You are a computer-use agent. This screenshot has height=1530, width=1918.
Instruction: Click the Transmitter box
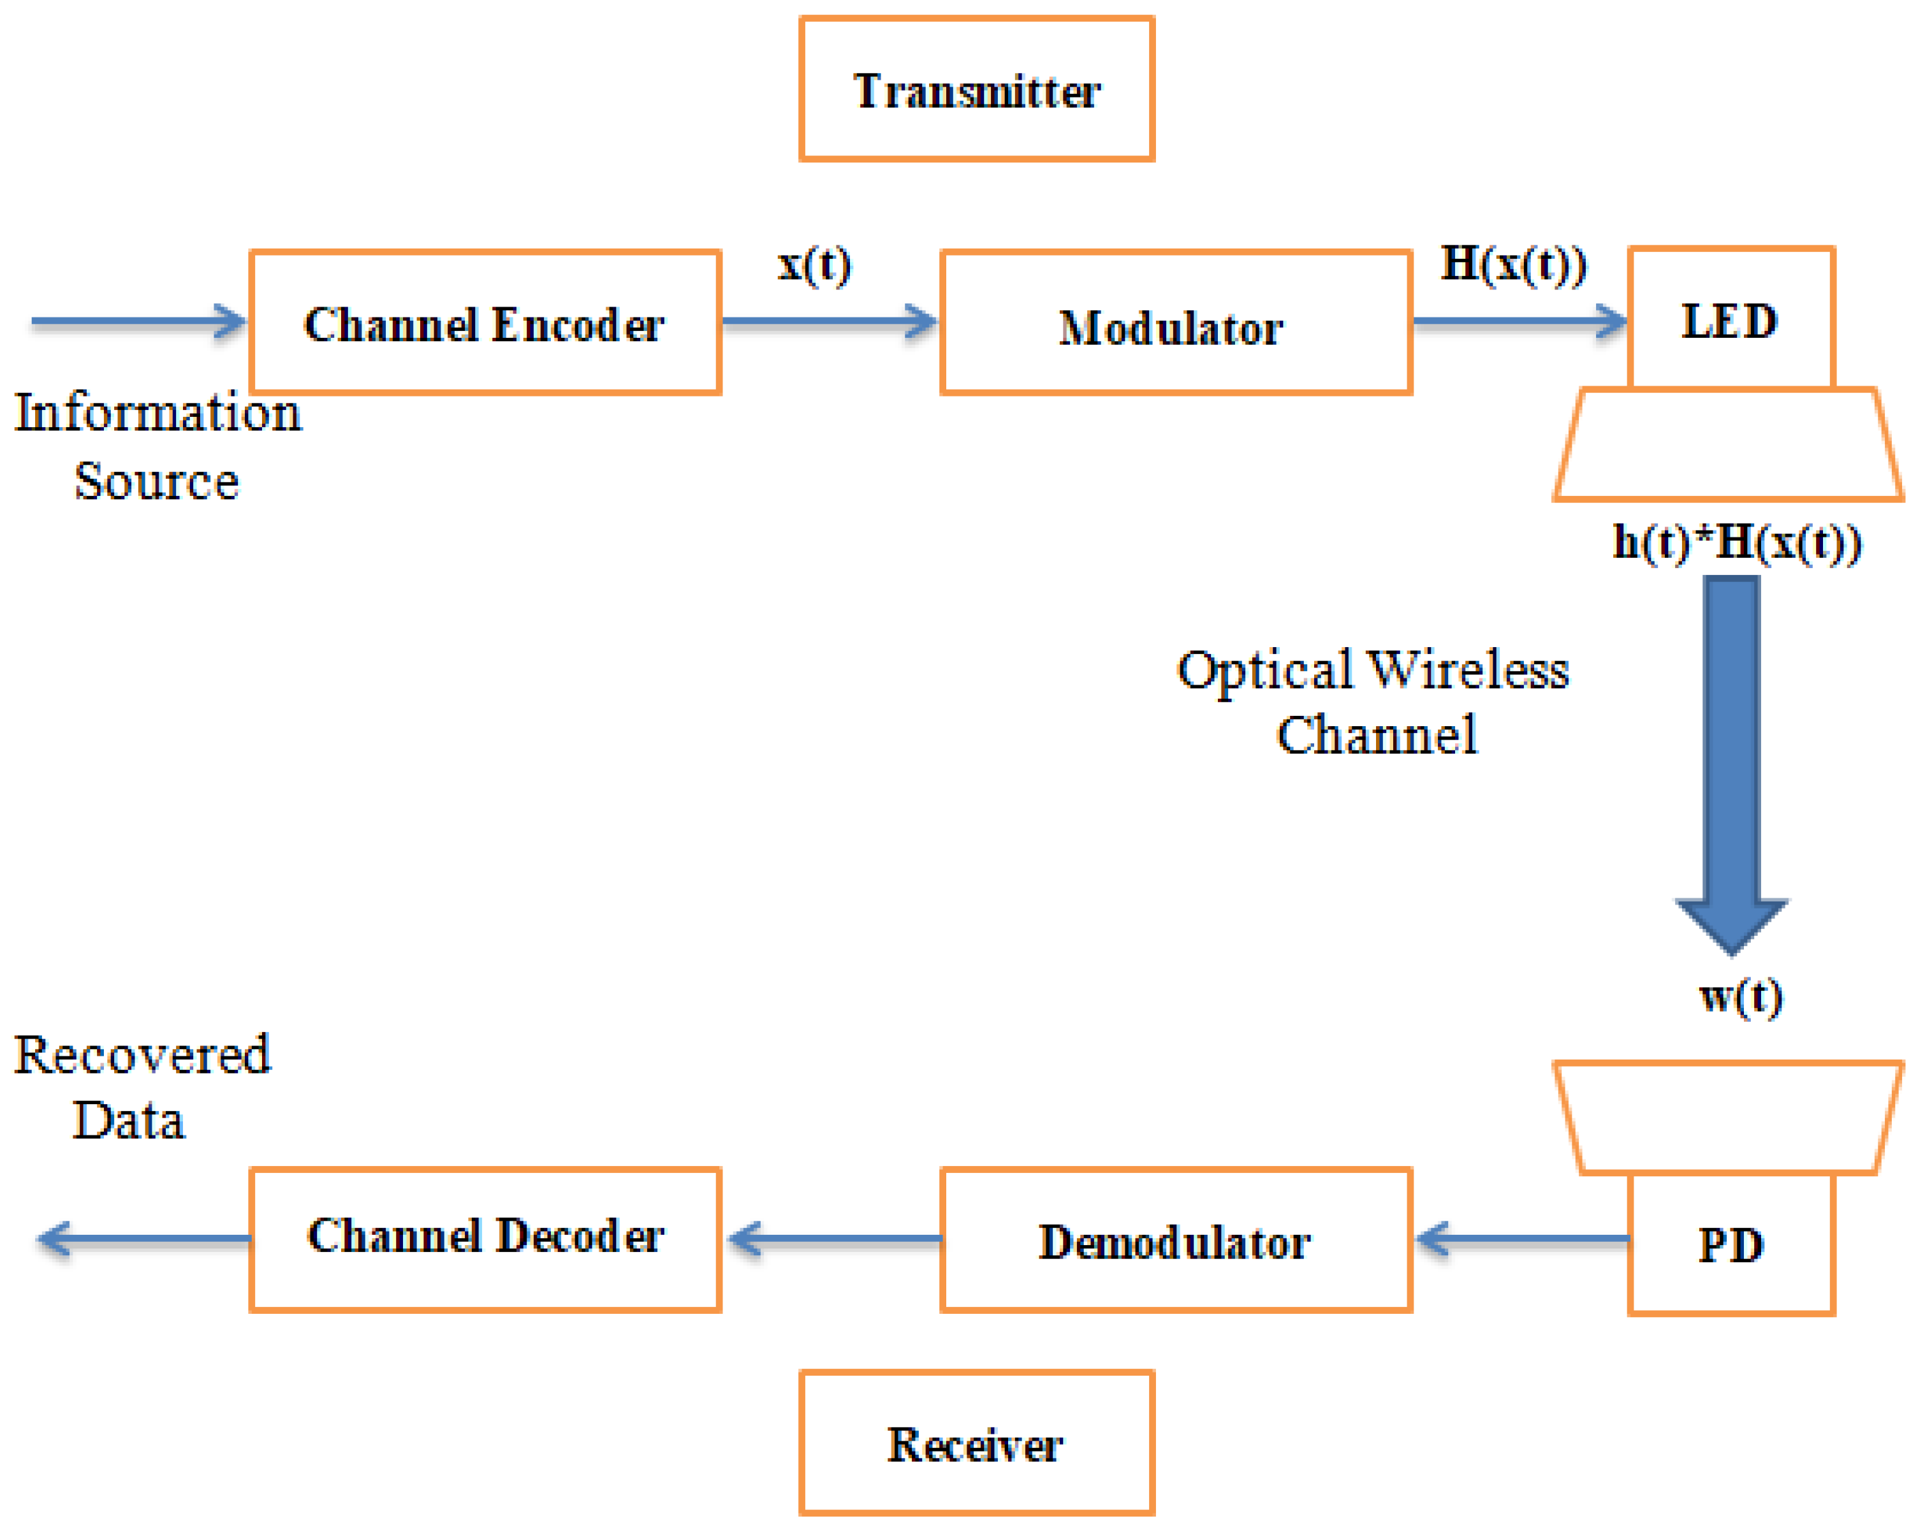point(976,89)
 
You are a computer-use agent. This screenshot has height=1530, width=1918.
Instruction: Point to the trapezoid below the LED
point(1729,445)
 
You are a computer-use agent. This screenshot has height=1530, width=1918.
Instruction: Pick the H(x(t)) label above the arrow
point(1513,263)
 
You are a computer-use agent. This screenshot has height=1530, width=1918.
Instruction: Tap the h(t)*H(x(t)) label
point(1736,542)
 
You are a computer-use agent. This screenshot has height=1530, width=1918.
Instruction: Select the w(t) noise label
point(1740,996)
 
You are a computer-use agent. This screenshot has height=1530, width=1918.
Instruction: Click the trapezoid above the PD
point(1729,1118)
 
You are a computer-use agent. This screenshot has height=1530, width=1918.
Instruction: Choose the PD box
point(1731,1244)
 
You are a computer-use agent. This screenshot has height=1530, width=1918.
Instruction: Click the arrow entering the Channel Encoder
point(138,321)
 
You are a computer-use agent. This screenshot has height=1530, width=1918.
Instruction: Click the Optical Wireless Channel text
point(1375,702)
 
